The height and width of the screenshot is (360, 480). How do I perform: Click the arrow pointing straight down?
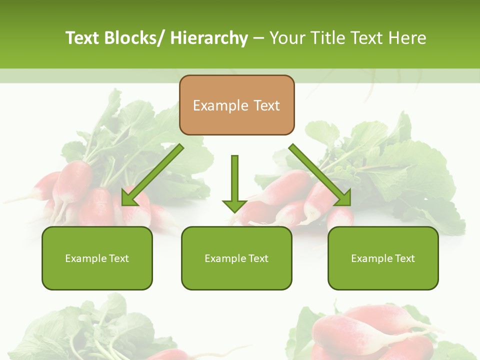[234, 182]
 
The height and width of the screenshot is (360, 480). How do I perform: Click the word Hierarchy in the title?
[209, 38]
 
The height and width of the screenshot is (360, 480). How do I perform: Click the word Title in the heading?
[329, 38]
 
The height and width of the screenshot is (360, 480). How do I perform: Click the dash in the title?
[258, 38]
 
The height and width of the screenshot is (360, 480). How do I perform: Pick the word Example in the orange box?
[220, 105]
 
